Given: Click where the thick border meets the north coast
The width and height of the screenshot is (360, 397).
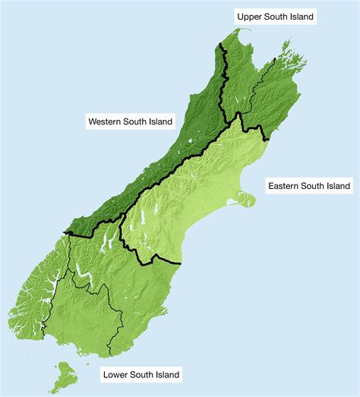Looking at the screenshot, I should [x=221, y=44].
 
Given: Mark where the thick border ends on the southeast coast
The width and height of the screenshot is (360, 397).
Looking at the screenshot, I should [x=182, y=263].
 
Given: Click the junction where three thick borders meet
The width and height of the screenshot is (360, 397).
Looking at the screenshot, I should [x=238, y=115].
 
